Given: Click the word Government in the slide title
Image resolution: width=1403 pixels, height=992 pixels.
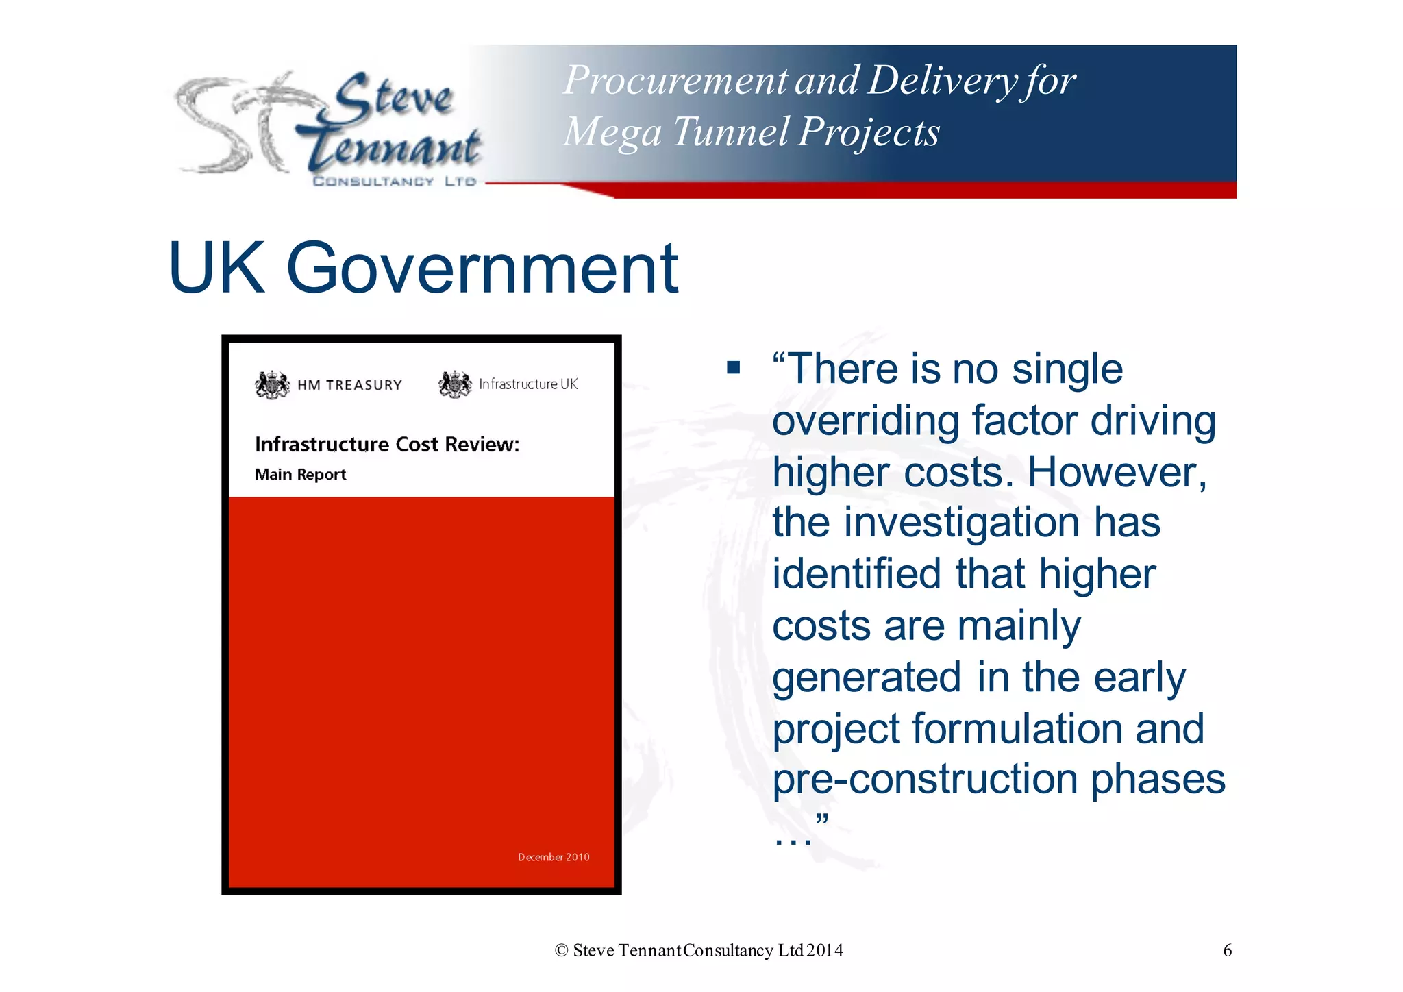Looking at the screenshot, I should click(482, 269).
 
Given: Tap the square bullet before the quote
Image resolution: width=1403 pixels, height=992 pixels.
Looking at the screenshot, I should click(734, 368).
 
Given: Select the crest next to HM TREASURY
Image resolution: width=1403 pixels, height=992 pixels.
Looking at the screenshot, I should click(272, 384).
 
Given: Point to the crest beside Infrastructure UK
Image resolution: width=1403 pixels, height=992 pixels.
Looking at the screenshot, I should click(455, 384).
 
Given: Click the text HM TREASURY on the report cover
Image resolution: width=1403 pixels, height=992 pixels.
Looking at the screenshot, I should click(349, 385).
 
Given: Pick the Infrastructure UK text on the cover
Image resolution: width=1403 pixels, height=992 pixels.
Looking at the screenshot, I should click(528, 384).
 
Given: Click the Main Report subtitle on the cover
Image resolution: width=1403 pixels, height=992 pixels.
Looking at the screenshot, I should click(300, 474).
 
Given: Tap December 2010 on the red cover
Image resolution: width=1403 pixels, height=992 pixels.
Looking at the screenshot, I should click(554, 857).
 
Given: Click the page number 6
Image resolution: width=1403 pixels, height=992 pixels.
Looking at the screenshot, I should click(1227, 950).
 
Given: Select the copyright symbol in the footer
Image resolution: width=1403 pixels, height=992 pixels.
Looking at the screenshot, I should click(562, 950).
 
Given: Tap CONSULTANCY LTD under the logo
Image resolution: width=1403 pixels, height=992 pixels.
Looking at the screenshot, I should click(394, 182).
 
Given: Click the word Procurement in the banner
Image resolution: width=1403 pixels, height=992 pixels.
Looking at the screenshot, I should click(675, 81).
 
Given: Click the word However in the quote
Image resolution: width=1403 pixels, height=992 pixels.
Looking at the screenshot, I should click(1117, 472).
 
